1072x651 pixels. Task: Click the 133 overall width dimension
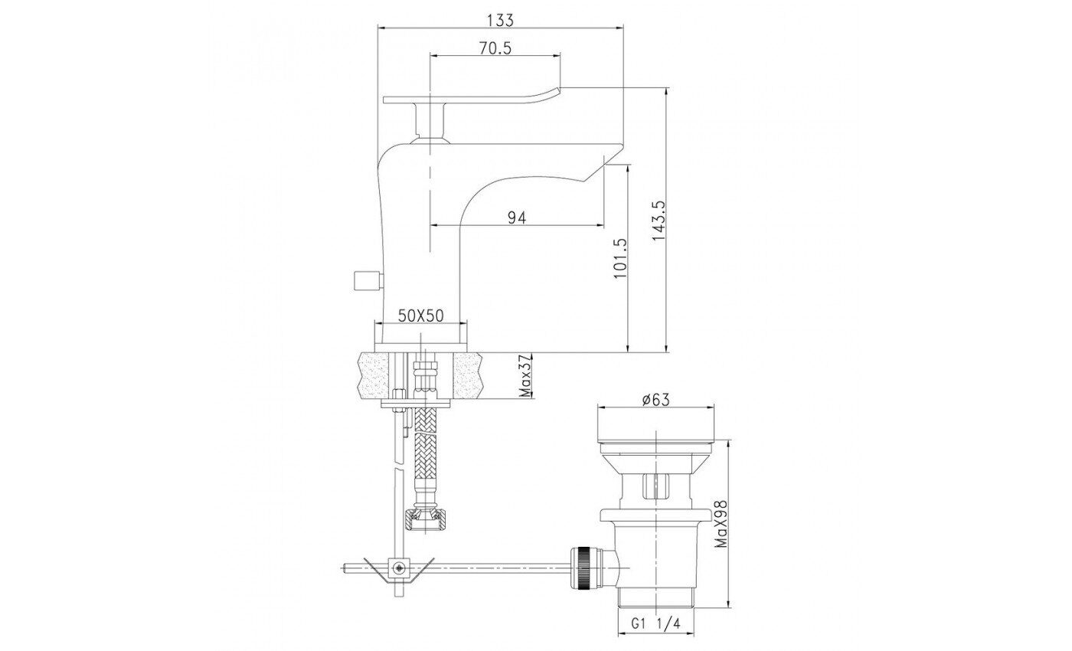tap(500, 20)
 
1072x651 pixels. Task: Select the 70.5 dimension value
tap(495, 47)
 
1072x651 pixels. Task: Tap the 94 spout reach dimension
tap(517, 218)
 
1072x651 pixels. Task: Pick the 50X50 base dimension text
tap(421, 316)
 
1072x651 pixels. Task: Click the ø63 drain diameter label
tap(655, 399)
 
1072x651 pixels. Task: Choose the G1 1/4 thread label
tap(655, 623)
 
